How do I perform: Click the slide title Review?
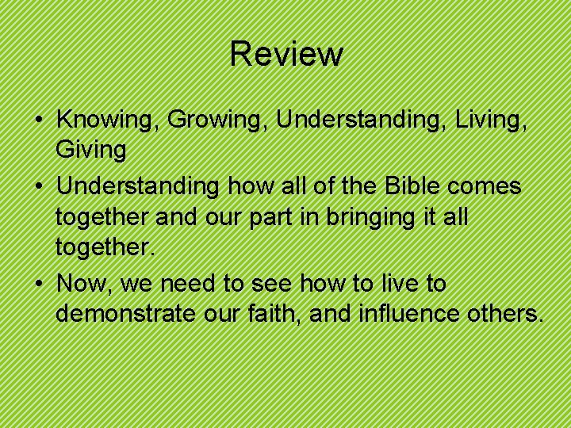click(x=286, y=54)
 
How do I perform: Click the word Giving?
click(x=91, y=151)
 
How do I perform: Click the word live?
click(x=398, y=283)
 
